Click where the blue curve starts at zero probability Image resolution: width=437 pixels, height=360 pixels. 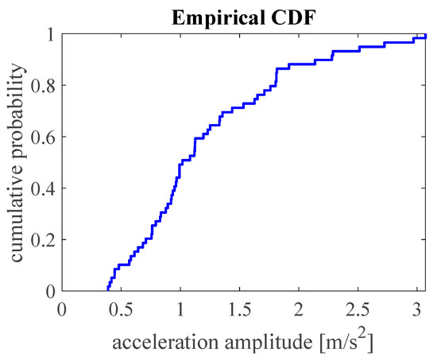108,290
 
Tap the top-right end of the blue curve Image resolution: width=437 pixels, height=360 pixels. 426,37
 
